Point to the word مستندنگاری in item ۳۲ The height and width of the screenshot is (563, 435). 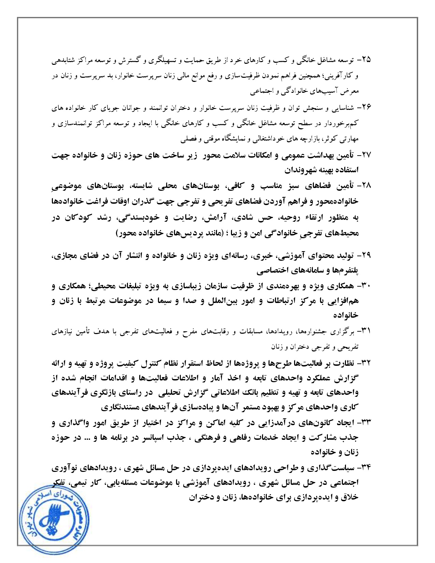pos(119,407)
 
